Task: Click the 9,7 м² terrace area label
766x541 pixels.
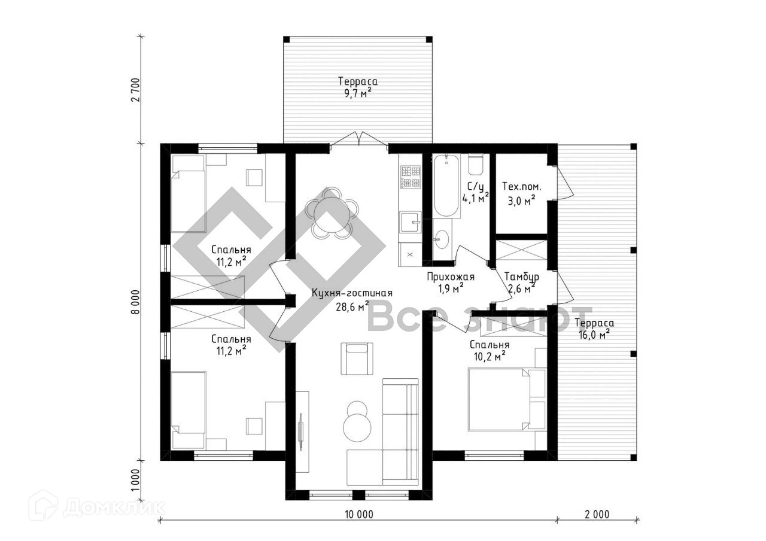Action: [x=358, y=93]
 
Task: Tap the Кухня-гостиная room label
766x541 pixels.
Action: [x=352, y=293]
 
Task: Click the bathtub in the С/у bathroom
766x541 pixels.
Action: [x=446, y=185]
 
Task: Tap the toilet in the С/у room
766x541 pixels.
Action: [x=475, y=166]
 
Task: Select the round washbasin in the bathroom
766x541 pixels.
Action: [x=442, y=239]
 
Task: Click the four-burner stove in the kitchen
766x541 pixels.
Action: [x=411, y=177]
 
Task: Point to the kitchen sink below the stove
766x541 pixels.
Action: [x=411, y=222]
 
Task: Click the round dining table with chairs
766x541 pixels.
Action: [x=331, y=212]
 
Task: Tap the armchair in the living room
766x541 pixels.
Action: [x=357, y=358]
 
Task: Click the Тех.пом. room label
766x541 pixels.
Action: [x=521, y=186]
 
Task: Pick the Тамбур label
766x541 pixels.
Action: [x=522, y=276]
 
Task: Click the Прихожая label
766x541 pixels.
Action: [x=451, y=276]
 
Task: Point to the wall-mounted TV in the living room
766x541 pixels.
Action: [x=301, y=431]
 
